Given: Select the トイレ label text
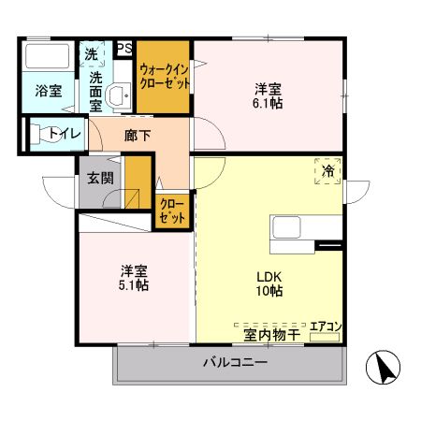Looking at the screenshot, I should point(64,134).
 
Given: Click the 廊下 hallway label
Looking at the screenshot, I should point(138,135).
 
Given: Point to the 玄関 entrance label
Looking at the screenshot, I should point(100,178).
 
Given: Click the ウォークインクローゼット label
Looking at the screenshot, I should point(165,76).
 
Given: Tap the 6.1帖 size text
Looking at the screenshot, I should point(268,103).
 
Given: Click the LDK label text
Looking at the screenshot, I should point(269,276).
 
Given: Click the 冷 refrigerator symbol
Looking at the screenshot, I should point(327,172).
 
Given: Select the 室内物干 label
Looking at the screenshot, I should point(271,335).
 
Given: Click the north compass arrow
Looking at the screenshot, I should point(384,367).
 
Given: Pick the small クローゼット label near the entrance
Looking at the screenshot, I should point(171,210).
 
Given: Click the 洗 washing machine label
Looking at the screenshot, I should point(92,55).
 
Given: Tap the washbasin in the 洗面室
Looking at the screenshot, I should point(119,95).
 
